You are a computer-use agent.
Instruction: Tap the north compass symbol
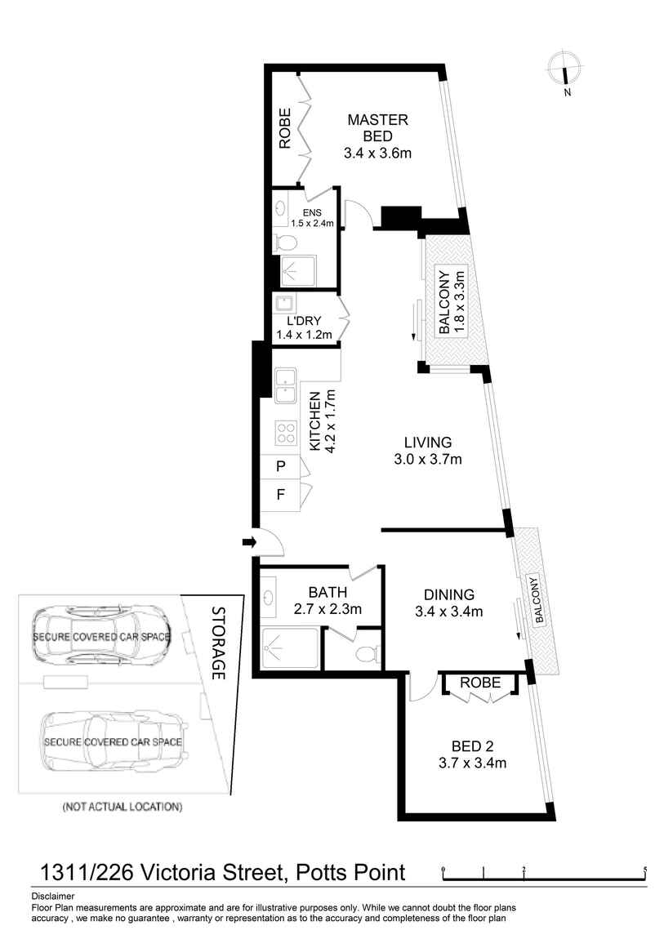click(x=564, y=69)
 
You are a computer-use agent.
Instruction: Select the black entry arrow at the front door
click(x=247, y=541)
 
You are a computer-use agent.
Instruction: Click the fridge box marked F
click(x=280, y=495)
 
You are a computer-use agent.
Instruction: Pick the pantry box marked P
click(x=280, y=466)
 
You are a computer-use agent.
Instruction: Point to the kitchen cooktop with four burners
click(x=286, y=432)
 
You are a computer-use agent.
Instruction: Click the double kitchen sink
click(x=286, y=387)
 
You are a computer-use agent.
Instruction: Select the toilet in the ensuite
click(x=285, y=243)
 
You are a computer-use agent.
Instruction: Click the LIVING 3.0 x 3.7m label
click(x=427, y=451)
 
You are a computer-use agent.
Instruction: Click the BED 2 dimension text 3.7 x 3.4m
click(x=473, y=763)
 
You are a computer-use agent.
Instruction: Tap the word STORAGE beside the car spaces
click(x=218, y=643)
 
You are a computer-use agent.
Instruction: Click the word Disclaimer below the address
click(x=52, y=896)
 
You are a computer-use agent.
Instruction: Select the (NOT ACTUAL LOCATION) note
click(x=122, y=807)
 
